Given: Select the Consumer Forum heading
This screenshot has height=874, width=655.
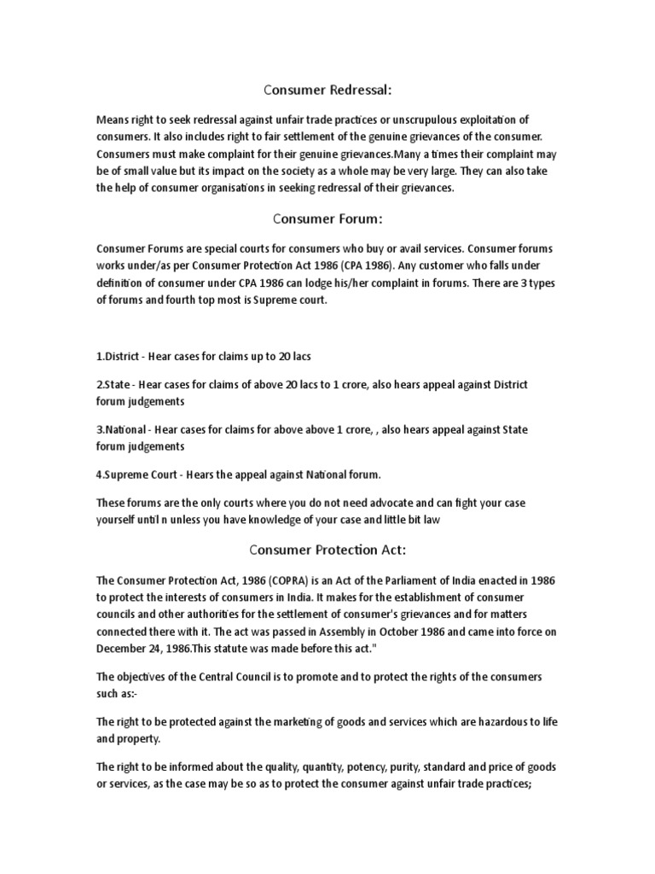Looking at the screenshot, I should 327,218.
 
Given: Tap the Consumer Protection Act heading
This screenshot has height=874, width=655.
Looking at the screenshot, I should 327,548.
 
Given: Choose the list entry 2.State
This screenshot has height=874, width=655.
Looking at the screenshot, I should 113,385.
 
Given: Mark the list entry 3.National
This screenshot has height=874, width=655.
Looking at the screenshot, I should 120,429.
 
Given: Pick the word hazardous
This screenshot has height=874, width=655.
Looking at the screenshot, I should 488,722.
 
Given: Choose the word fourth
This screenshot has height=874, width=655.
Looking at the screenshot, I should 186,300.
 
